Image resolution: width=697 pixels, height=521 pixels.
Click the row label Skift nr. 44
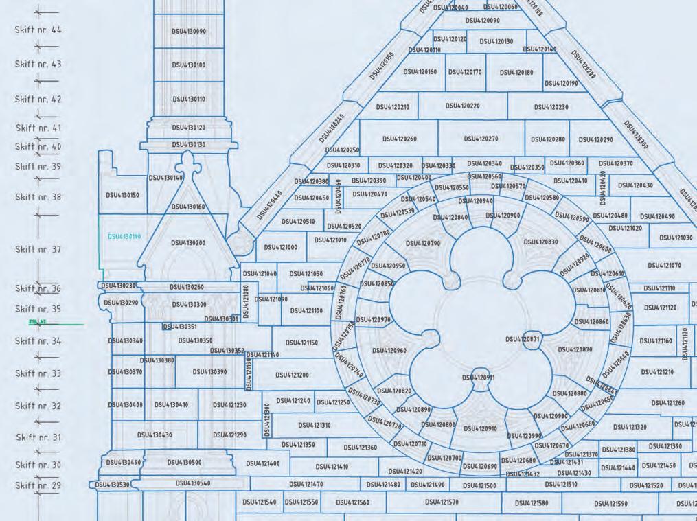(x=38, y=30)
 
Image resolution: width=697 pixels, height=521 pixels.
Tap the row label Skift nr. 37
(x=38, y=249)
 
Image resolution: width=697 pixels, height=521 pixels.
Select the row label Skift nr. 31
(x=38, y=437)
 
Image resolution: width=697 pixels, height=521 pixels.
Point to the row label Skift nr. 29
(x=38, y=485)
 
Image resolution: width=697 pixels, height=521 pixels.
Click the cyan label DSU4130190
(x=124, y=236)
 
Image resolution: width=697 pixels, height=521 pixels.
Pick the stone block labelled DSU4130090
(x=189, y=31)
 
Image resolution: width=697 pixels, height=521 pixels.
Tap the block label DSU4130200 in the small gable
(x=188, y=242)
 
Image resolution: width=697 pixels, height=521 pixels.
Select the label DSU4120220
(x=463, y=106)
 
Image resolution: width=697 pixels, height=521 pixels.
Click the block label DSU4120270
(x=481, y=139)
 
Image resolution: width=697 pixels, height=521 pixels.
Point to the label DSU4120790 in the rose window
(x=423, y=243)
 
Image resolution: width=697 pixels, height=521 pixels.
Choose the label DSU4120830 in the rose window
(x=541, y=242)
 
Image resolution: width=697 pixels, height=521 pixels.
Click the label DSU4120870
(x=575, y=349)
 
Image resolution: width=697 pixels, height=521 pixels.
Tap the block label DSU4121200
(x=293, y=375)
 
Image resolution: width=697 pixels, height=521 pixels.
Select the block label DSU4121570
(x=442, y=502)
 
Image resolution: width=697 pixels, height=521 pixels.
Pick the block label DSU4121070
(x=664, y=266)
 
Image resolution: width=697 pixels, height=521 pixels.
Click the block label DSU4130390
(x=209, y=371)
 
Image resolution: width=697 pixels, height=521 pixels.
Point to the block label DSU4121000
(x=280, y=247)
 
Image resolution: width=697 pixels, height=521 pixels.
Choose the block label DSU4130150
(x=122, y=195)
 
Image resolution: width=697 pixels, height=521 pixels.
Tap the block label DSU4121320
(x=630, y=427)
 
